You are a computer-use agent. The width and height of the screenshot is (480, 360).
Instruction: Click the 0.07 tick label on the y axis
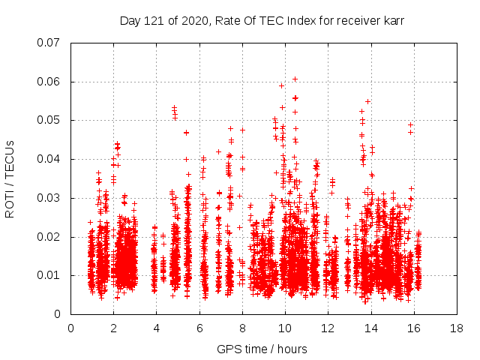point(49,43)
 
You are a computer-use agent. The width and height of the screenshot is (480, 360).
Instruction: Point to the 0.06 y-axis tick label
point(49,82)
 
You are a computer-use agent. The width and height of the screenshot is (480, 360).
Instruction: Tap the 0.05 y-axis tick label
point(49,120)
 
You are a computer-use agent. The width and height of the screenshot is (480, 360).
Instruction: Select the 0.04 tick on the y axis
point(49,159)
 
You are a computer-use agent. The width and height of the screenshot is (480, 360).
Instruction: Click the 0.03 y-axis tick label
point(49,198)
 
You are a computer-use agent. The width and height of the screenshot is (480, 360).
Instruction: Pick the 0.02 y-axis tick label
point(49,237)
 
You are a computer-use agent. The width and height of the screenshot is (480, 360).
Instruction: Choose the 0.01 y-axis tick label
point(49,275)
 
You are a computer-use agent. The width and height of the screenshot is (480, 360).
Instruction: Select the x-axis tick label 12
point(328,328)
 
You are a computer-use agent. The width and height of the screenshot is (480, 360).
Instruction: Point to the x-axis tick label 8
point(242,328)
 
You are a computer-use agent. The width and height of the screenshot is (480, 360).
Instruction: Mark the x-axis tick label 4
point(157,328)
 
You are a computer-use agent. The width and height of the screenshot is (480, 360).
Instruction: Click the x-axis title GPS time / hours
point(262,349)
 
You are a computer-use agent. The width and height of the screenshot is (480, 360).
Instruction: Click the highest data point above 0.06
point(295,79)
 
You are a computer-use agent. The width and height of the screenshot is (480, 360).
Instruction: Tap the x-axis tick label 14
point(370,328)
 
